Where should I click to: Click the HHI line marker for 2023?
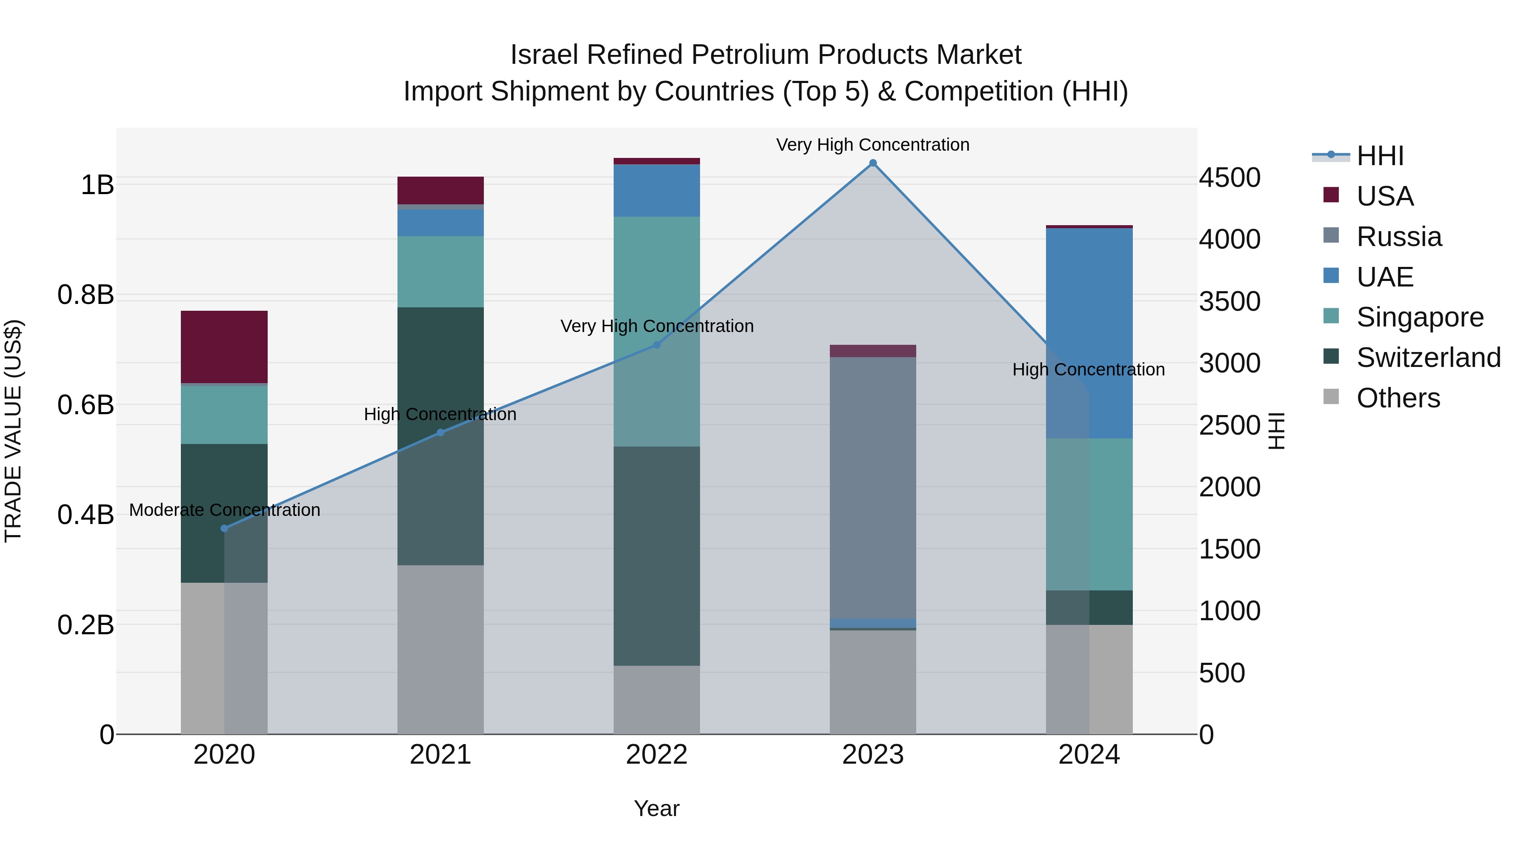pyautogui.click(x=872, y=163)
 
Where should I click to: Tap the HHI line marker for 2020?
pyautogui.click(x=224, y=528)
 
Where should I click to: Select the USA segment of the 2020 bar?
pyautogui.click(x=224, y=347)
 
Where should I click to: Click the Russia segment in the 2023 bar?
pyautogui.click(x=872, y=488)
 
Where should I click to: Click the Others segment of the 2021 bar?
pyautogui.click(x=440, y=649)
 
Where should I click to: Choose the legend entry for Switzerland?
pyautogui.click(x=1428, y=358)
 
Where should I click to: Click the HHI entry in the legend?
pyautogui.click(x=1380, y=156)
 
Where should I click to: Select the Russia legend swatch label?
pyautogui.click(x=1399, y=237)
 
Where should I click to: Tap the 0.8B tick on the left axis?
pyautogui.click(x=86, y=295)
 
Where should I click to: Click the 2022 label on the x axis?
pyautogui.click(x=657, y=755)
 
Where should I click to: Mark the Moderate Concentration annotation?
pyautogui.click(x=224, y=510)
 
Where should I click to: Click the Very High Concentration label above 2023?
pyautogui.click(x=872, y=145)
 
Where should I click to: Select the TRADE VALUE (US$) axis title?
pyautogui.click(x=13, y=431)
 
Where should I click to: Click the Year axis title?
pyautogui.click(x=657, y=808)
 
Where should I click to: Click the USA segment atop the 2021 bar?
pyautogui.click(x=440, y=190)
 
